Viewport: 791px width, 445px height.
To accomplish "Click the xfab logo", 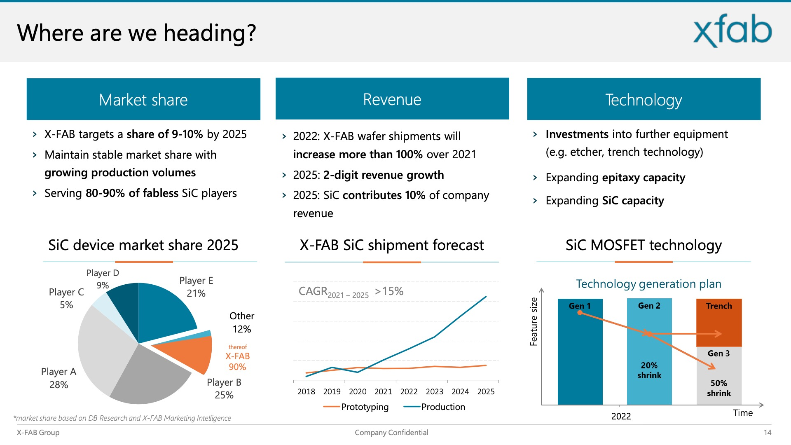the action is click(x=732, y=30).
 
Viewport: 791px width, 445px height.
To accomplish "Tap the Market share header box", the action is click(x=143, y=99).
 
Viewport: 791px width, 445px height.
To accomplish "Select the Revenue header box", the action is click(x=392, y=99).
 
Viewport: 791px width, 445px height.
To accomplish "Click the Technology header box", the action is click(x=644, y=99).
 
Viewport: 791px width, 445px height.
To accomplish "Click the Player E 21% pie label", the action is click(x=196, y=287).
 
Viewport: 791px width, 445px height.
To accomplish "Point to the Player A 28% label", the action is click(x=59, y=378).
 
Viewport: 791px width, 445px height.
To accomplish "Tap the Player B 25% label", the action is click(x=224, y=389).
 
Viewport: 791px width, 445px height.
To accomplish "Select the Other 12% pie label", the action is click(x=242, y=323).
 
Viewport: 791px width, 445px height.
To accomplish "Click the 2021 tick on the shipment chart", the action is click(x=383, y=391).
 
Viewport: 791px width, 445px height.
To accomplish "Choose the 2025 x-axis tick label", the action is click(x=486, y=391).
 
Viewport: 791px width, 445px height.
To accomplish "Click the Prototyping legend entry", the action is click(x=356, y=407).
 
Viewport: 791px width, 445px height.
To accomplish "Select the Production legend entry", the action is click(x=434, y=407).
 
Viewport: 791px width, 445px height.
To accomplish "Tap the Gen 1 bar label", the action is click(x=580, y=306).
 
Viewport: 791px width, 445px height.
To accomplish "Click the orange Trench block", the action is click(x=719, y=323).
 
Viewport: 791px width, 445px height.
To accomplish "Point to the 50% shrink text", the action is click(x=719, y=388).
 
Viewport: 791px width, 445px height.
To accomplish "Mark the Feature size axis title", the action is click(x=534, y=321).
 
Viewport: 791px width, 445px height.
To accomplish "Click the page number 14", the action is click(x=768, y=433).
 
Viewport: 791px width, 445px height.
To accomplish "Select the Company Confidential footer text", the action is click(x=391, y=433).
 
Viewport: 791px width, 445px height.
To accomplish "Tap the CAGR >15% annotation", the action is click(x=351, y=292).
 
